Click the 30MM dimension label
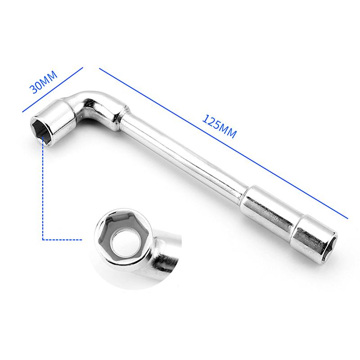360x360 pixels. tap(43, 82)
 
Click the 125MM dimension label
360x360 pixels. tap(219, 126)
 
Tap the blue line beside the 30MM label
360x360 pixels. tap(53, 90)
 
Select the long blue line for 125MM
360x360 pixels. tap(224, 143)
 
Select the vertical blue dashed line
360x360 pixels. tap(43, 188)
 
